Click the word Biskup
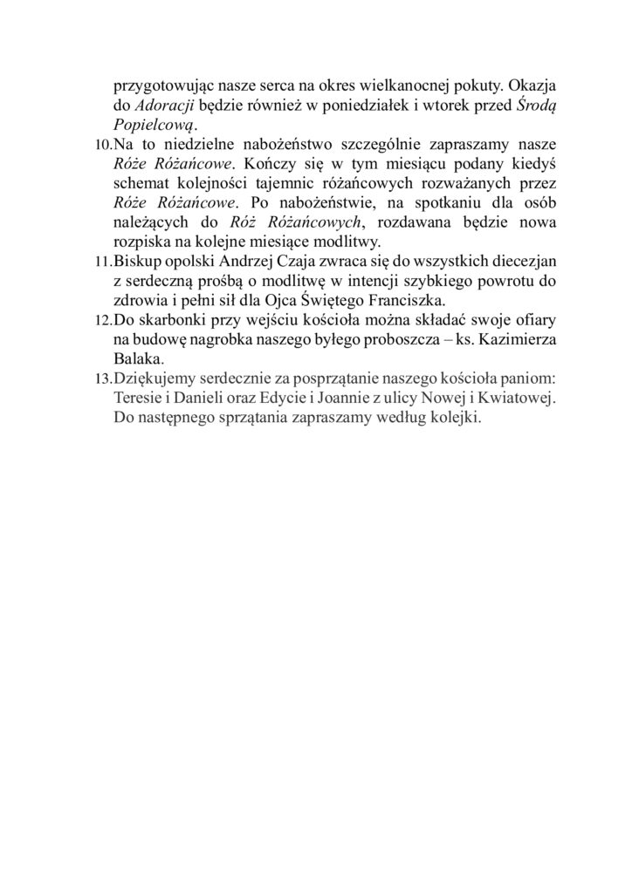pyautogui.click(x=138, y=260)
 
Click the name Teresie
pyautogui.click(x=140, y=398)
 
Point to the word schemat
pyautogui.click(x=142, y=182)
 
